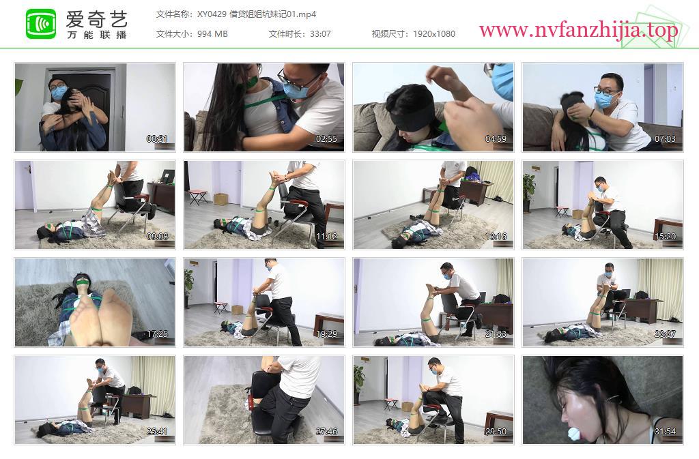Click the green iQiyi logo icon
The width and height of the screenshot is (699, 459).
tap(41, 24)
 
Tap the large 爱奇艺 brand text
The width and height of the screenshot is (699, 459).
tap(97, 19)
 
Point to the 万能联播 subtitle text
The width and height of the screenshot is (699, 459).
tap(97, 35)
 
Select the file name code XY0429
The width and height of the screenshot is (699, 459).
tap(212, 14)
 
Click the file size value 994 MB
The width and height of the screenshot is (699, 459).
tap(212, 34)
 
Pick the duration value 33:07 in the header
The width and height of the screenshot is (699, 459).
tap(320, 34)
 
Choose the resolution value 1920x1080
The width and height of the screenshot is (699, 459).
tap(433, 34)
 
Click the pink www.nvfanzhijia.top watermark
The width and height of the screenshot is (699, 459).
tap(578, 30)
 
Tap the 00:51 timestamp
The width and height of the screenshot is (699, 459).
tap(157, 139)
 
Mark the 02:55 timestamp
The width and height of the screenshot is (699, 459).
tap(326, 139)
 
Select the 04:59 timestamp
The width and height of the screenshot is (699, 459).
tap(496, 139)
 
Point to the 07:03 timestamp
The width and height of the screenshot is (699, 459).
tap(665, 139)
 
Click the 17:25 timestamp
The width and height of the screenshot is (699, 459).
tap(157, 334)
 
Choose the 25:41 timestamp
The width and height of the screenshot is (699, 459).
tap(157, 432)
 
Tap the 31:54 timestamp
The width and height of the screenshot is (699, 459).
tap(665, 432)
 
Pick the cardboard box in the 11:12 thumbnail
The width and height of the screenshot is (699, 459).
tap(220, 198)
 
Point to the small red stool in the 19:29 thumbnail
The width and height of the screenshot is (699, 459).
tap(220, 307)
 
